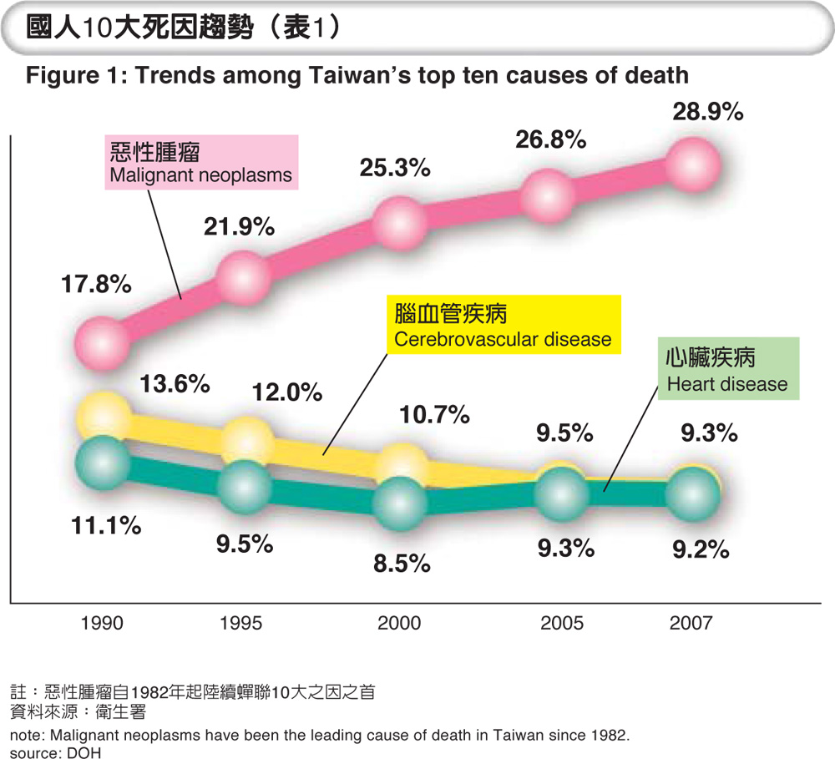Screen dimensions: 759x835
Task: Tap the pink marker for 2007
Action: (x=695, y=161)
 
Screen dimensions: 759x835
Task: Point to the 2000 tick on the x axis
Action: (x=399, y=623)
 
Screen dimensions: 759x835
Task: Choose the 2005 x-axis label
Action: (x=562, y=623)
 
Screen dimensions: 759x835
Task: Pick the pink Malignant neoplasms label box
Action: (x=201, y=163)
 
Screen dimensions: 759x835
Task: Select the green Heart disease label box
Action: (x=727, y=370)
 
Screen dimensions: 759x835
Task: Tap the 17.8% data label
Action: (x=96, y=284)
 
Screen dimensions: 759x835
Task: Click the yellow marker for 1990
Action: (x=103, y=415)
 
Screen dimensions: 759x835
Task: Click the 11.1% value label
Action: (x=105, y=526)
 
